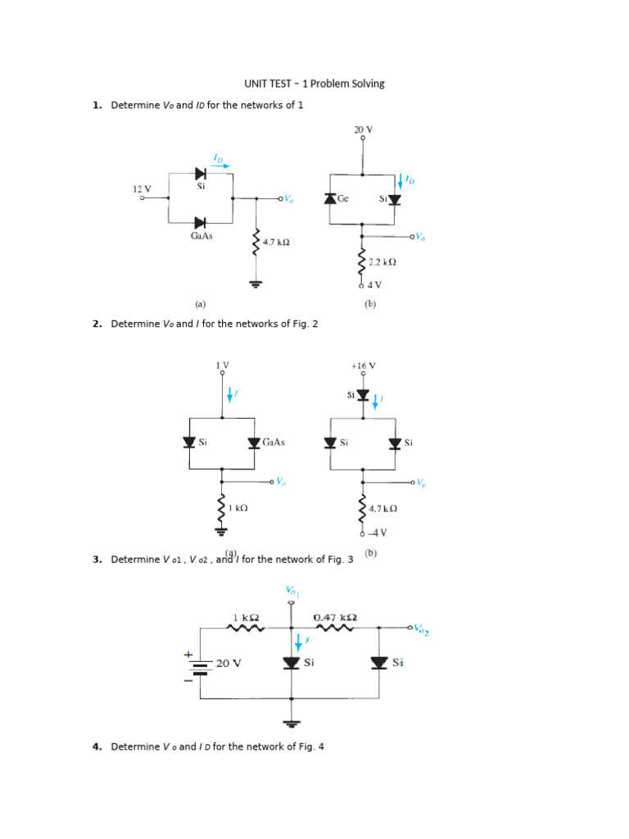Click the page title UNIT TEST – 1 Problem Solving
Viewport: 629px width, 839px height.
(314, 84)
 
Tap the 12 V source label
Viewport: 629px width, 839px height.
(142, 188)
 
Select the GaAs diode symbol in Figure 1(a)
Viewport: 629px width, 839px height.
(200, 222)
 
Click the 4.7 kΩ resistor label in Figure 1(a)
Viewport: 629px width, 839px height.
(276, 243)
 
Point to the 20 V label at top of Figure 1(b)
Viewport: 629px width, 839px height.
(363, 129)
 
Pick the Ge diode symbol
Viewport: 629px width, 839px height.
(330, 198)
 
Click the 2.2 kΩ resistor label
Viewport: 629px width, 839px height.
(382, 262)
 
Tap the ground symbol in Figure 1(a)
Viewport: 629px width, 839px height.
(257, 284)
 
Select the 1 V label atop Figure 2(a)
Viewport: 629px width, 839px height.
(222, 365)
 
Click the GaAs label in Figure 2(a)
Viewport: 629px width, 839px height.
(274, 442)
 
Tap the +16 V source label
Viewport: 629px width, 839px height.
(363, 365)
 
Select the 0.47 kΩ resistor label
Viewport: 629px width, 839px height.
(335, 617)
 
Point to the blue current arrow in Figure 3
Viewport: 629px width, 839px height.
(298, 642)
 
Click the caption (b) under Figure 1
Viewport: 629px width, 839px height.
(369, 304)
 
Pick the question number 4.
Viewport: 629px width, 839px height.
(97, 746)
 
